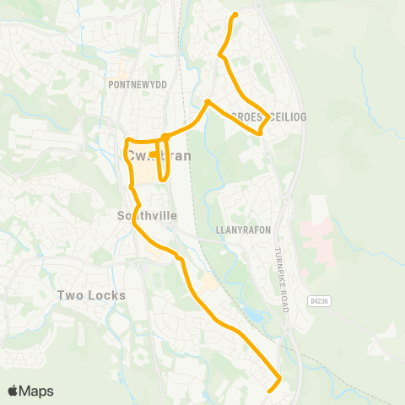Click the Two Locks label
(x=91, y=295)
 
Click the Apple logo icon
(x=14, y=391)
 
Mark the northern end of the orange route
(x=235, y=15)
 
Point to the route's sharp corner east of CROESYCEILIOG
(x=268, y=118)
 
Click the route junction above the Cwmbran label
(x=164, y=136)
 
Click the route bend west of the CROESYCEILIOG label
(x=208, y=102)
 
